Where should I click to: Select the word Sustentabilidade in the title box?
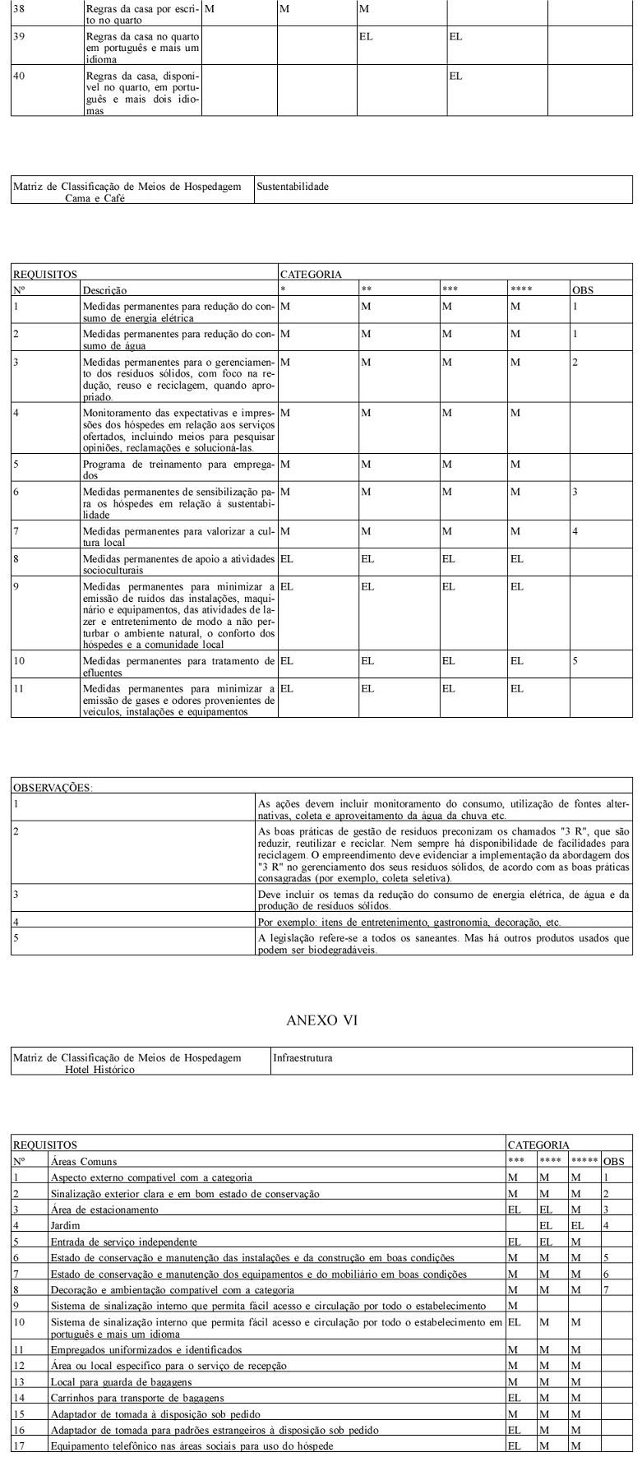[293, 187]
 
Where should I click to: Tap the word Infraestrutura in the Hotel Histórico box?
[302, 1058]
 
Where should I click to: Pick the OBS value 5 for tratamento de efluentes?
[575, 660]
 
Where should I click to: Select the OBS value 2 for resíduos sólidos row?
[575, 363]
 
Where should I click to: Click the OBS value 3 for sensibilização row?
[575, 492]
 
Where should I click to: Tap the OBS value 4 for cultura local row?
[575, 532]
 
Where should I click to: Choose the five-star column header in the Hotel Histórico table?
[585, 1162]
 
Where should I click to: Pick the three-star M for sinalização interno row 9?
[512, 1305]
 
